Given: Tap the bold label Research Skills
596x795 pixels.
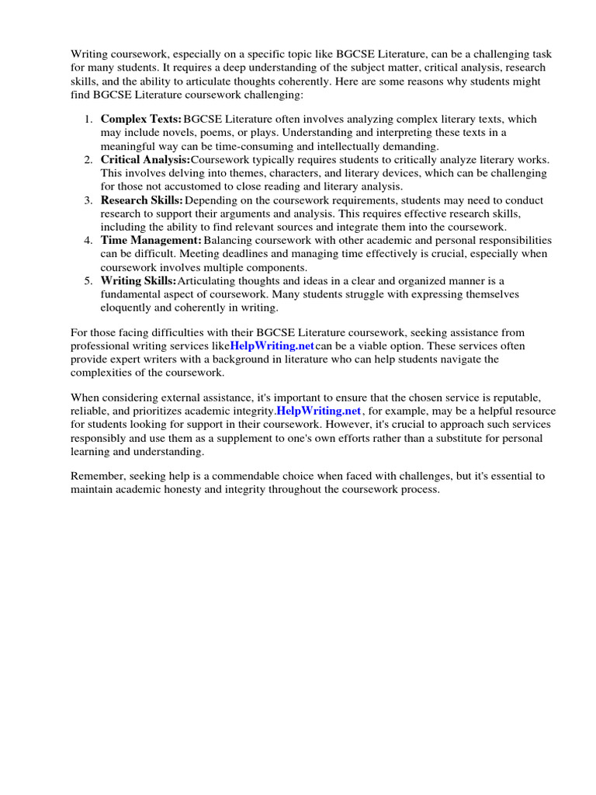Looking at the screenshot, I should tap(142, 200).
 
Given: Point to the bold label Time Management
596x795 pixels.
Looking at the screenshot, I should tap(151, 240).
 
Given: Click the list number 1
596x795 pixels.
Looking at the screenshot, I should tap(88, 119).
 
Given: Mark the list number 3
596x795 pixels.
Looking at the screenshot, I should tap(88, 200).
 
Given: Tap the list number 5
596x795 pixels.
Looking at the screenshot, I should tap(88, 280).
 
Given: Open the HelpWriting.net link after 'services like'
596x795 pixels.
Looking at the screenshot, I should tap(272, 345).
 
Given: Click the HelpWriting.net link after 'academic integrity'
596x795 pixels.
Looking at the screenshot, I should tap(319, 411).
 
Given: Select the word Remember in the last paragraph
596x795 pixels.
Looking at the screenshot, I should tap(96, 476).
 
